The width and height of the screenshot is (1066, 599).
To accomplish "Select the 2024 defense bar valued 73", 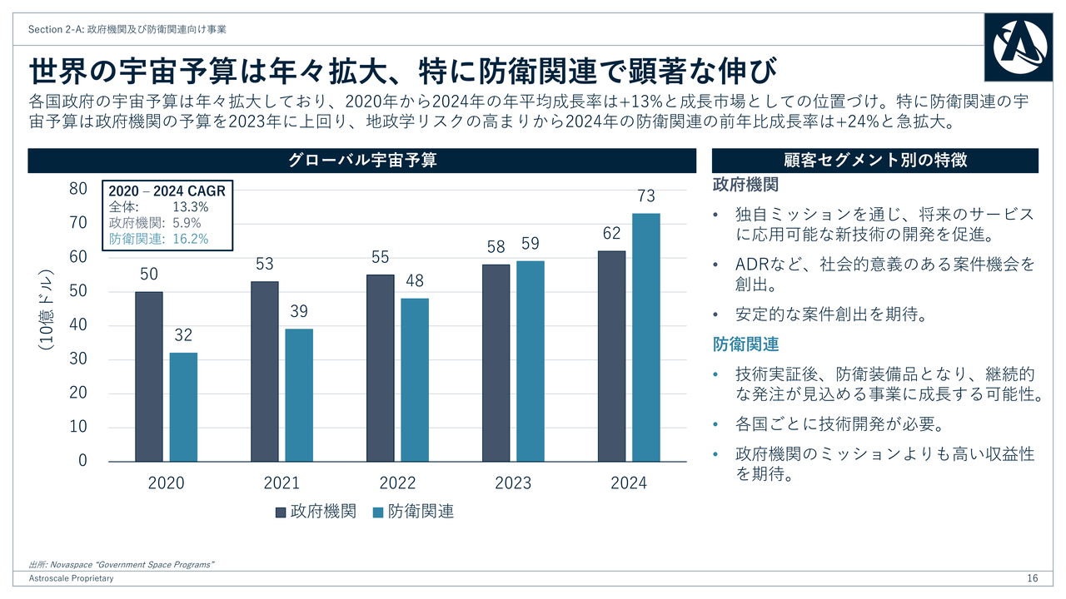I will [x=645, y=337].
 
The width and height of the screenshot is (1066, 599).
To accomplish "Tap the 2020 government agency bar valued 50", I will [x=149, y=376].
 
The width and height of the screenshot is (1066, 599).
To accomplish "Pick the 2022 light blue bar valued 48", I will [x=414, y=379].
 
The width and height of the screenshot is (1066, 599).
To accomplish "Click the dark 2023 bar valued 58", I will [x=496, y=363].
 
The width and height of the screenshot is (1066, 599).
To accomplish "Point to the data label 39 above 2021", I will [x=299, y=311].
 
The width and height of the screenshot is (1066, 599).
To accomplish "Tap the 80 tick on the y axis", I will [x=77, y=189].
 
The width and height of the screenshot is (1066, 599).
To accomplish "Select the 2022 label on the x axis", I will [x=397, y=483].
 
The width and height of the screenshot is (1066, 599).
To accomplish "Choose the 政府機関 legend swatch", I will [x=281, y=512].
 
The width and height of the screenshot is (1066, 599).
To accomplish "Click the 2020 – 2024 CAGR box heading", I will [x=167, y=191].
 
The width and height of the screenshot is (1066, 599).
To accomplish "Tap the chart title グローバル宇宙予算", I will [x=362, y=161].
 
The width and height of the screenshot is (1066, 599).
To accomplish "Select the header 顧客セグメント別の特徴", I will [x=875, y=161].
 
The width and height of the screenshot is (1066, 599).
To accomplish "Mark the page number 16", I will [x=1032, y=578].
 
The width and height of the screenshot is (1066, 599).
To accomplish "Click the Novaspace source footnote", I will [x=122, y=565].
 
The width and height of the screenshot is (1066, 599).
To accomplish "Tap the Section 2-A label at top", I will [x=127, y=29].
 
